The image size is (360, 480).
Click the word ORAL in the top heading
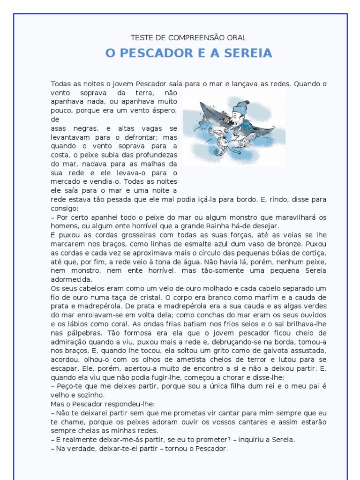point(238,37)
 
